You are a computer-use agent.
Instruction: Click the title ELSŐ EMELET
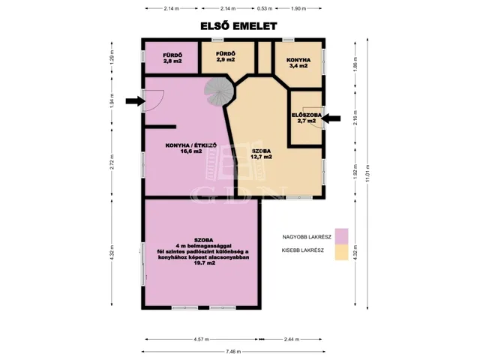coord(238,26)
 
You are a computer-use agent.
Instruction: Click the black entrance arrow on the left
coord(135,100)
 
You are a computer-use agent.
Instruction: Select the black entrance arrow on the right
coord(331,118)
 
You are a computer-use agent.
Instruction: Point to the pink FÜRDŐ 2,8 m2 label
coord(172,58)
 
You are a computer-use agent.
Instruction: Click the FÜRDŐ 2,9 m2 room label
coord(226,57)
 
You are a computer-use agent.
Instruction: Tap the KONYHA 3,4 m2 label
coord(298,63)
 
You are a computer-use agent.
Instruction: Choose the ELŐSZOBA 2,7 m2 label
coord(307,118)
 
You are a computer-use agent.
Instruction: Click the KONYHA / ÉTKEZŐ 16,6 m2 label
coord(191,148)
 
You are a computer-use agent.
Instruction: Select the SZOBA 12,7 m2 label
coord(262,154)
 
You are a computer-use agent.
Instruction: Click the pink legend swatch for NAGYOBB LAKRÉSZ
coord(342,237)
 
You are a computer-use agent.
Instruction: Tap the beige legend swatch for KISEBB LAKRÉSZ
coord(342,252)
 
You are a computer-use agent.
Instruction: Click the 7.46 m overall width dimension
coord(233,352)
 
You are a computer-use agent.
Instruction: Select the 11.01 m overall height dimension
coord(367,173)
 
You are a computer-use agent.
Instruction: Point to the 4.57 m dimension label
coord(201,339)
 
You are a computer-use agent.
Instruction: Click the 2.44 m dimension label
coord(292,339)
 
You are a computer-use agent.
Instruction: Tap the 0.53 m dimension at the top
coord(265,8)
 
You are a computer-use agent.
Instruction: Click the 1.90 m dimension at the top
coord(298,8)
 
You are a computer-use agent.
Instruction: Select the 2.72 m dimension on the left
coord(112,162)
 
